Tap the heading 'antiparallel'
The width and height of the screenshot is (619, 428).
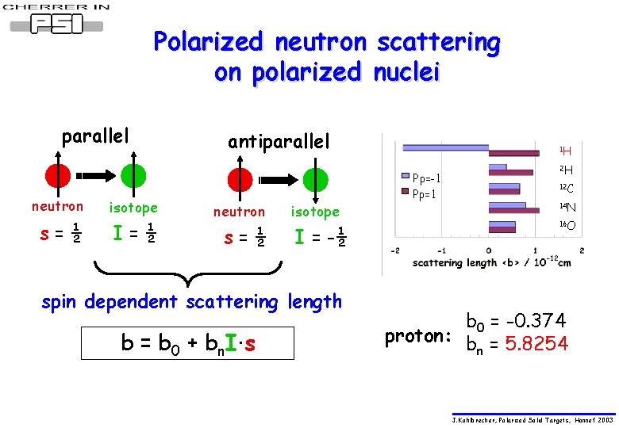[x=278, y=142]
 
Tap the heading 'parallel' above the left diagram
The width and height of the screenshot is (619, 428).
[x=95, y=136]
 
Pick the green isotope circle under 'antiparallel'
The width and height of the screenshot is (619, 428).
[x=314, y=179]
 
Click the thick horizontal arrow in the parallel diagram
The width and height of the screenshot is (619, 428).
[x=96, y=175]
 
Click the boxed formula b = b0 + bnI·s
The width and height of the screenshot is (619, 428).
[x=188, y=343]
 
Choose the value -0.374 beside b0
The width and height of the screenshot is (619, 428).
[x=536, y=321]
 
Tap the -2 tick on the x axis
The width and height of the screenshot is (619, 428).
[x=394, y=250]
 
